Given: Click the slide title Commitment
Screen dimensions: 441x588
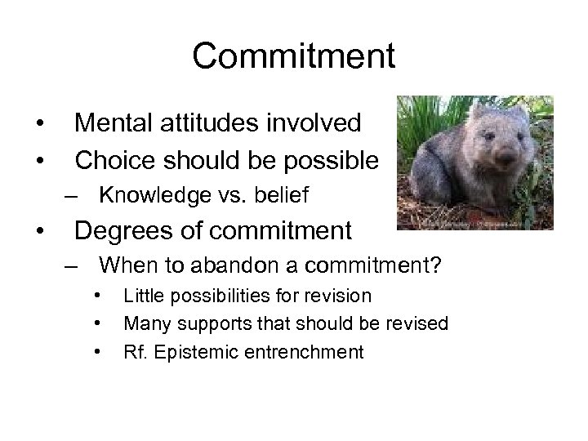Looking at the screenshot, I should [294, 56].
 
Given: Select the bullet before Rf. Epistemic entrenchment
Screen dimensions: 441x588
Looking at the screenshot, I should [97, 353].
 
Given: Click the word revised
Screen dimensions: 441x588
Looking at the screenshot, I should [416, 324].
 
